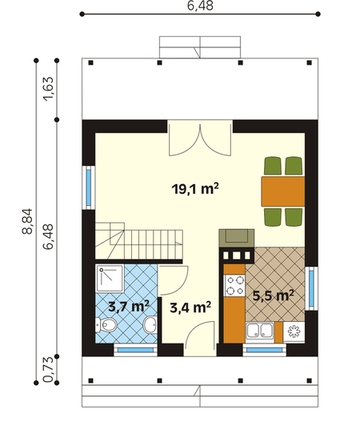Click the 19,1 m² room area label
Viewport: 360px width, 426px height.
[x=195, y=189]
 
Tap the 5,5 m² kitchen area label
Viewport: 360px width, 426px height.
[x=273, y=295]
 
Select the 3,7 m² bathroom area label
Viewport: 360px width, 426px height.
[x=129, y=306]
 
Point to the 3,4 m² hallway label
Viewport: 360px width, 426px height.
[x=190, y=307]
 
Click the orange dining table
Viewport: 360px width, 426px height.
[x=283, y=191]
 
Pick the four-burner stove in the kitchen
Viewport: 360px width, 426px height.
[x=234, y=285]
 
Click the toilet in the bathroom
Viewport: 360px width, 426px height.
[x=106, y=324]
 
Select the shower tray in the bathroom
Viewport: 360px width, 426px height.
[x=110, y=279]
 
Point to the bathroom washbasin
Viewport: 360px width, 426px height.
[x=150, y=324]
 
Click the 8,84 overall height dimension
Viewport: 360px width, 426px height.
[x=27, y=221]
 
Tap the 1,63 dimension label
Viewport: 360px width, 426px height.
[x=48, y=89]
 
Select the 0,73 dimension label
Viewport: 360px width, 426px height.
[x=48, y=370]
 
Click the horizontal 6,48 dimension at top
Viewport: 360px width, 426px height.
[x=200, y=6]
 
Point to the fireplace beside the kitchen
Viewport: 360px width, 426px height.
[x=237, y=239]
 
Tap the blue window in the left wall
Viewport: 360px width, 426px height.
[x=89, y=187]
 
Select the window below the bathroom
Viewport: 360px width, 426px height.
[x=135, y=350]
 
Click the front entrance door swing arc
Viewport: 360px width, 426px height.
[x=196, y=326]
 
